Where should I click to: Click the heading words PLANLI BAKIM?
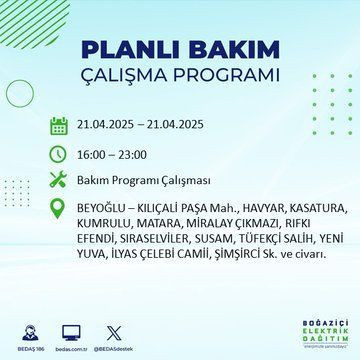(x=180, y=50)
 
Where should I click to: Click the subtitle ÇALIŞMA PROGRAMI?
(x=180, y=76)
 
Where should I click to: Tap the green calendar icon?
(x=59, y=126)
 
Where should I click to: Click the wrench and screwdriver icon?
(x=59, y=181)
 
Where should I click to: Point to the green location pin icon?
(x=59, y=209)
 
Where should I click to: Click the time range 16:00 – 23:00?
(x=111, y=154)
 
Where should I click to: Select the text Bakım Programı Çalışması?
(x=138, y=181)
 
